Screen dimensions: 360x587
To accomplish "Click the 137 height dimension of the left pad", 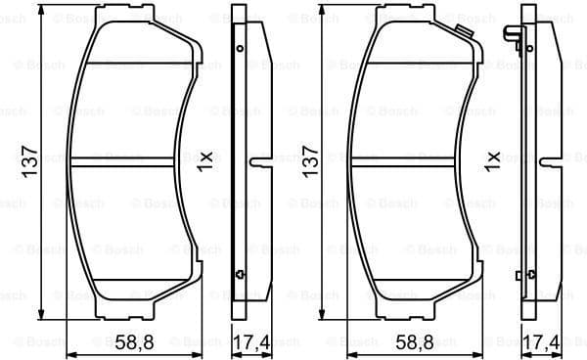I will tap(29, 159).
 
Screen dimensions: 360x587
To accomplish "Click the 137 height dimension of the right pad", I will tap(311, 159).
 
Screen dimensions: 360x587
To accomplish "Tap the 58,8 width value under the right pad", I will tap(416, 342).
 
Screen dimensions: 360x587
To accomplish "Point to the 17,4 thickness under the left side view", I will tap(250, 342).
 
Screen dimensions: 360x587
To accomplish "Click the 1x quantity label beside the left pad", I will tap(204, 158).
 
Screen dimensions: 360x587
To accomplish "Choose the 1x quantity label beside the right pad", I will tap(492, 158).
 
